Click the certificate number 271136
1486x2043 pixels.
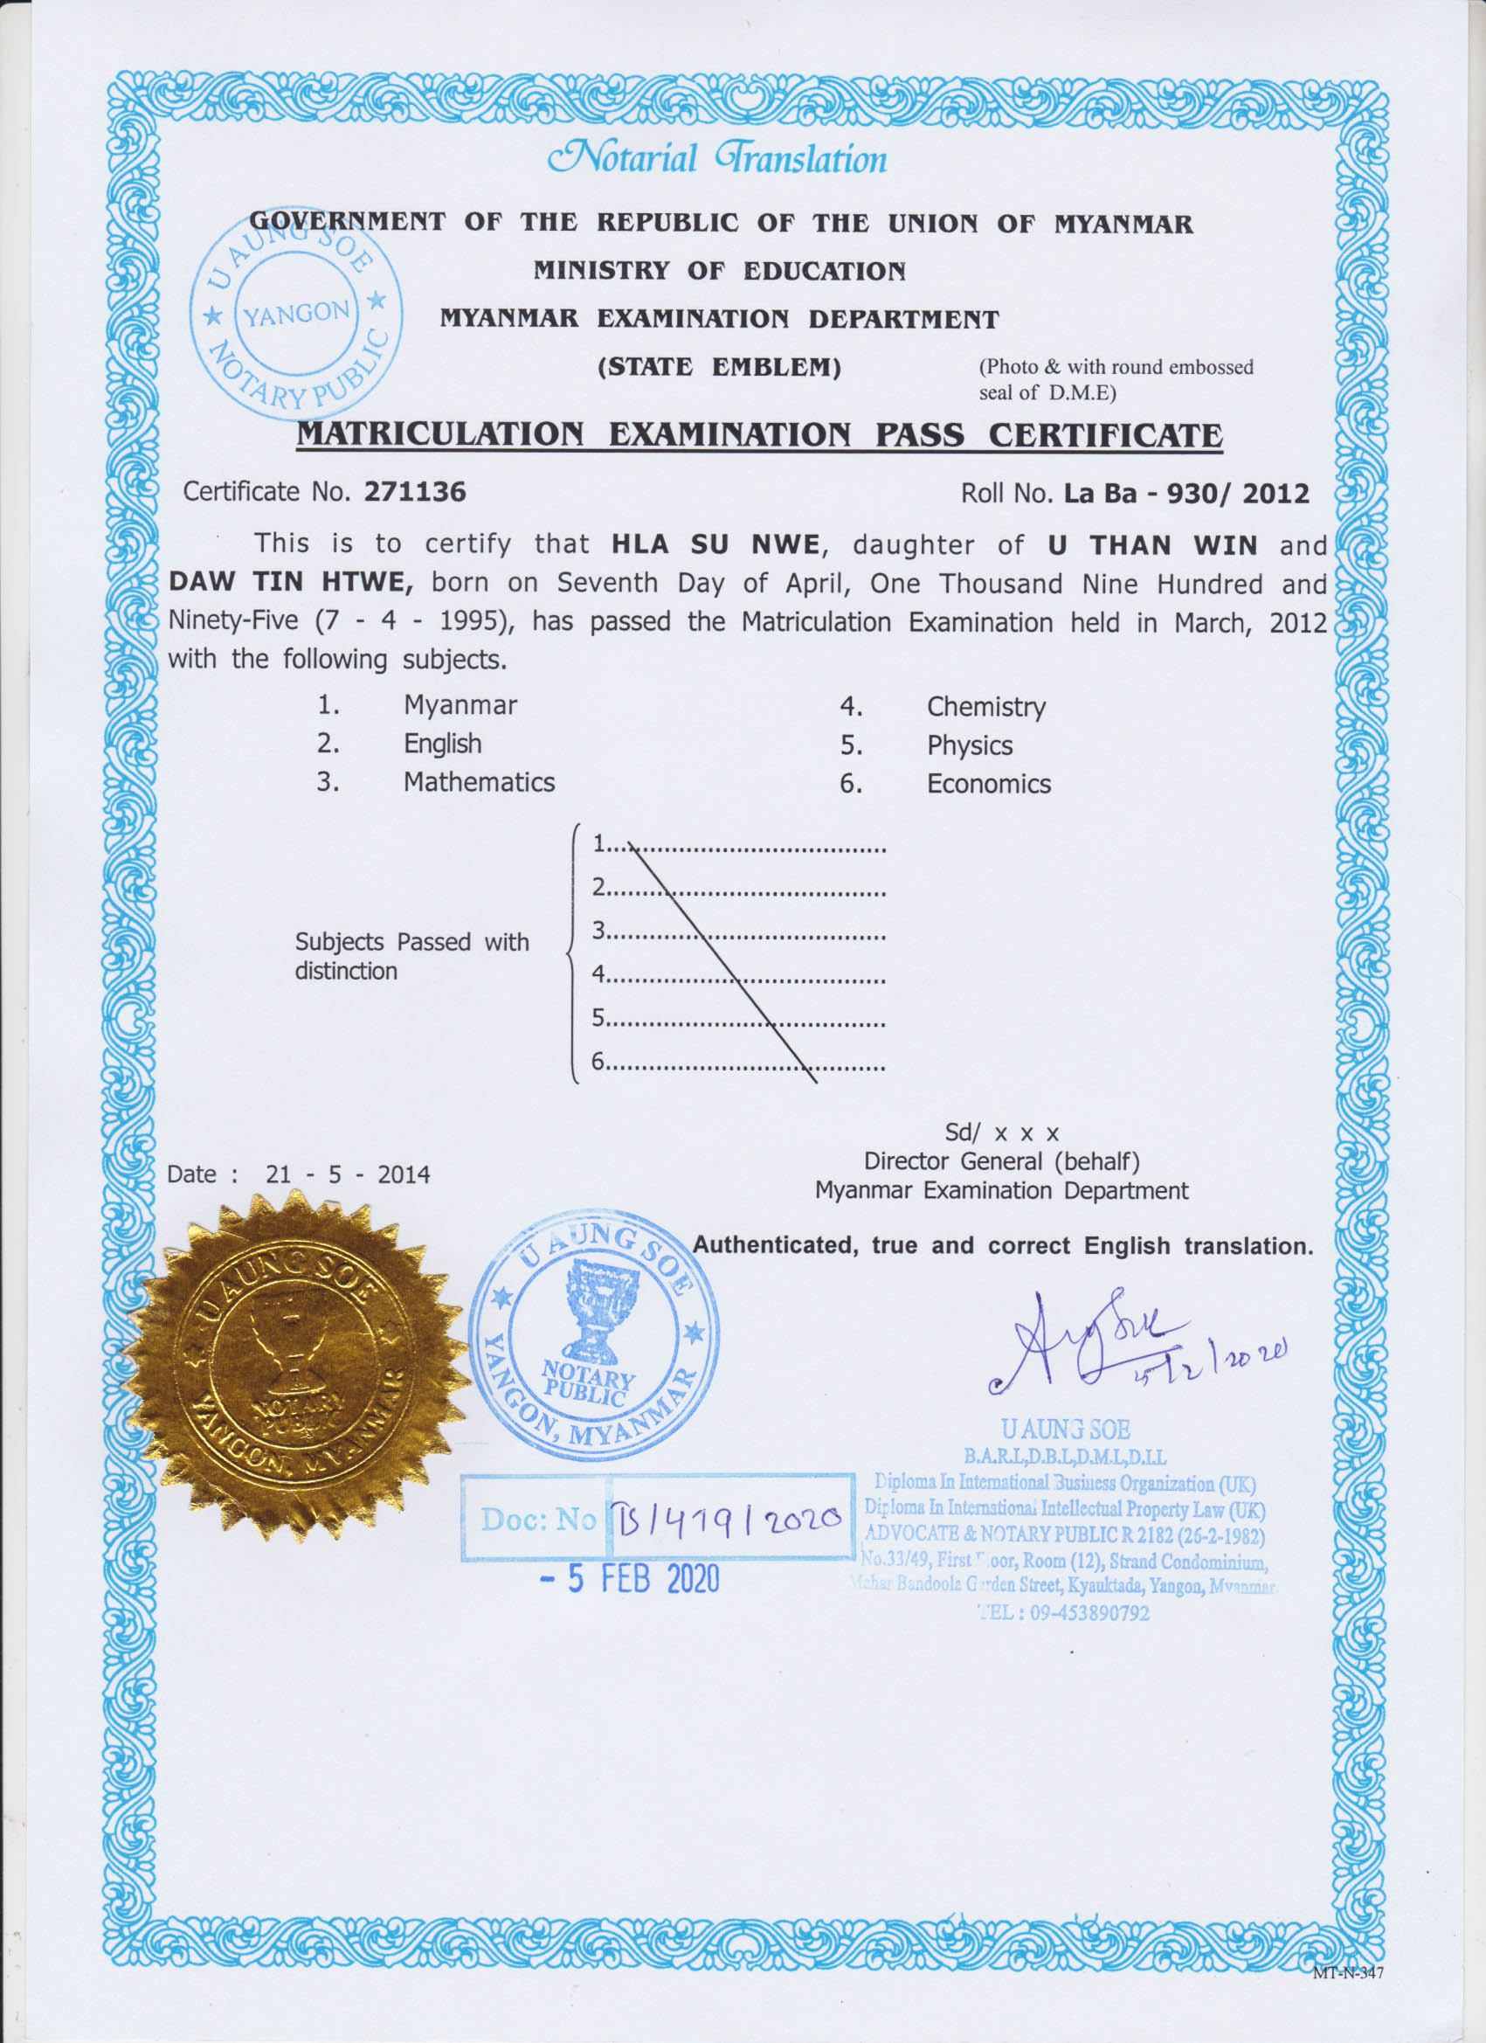(414, 492)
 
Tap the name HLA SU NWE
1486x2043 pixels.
(715, 545)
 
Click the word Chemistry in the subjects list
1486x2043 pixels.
(986, 707)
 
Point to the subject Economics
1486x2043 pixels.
(989, 785)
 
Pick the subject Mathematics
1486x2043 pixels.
(478, 782)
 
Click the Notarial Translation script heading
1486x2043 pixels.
(718, 158)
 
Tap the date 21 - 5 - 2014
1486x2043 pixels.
(348, 1174)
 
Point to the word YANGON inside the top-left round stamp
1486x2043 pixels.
(296, 314)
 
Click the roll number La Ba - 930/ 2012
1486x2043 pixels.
(1186, 494)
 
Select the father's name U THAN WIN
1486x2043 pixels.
(1152, 546)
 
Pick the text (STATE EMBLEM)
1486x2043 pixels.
(719, 368)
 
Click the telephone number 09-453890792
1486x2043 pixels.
(1089, 1612)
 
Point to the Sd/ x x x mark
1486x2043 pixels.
(1001, 1132)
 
